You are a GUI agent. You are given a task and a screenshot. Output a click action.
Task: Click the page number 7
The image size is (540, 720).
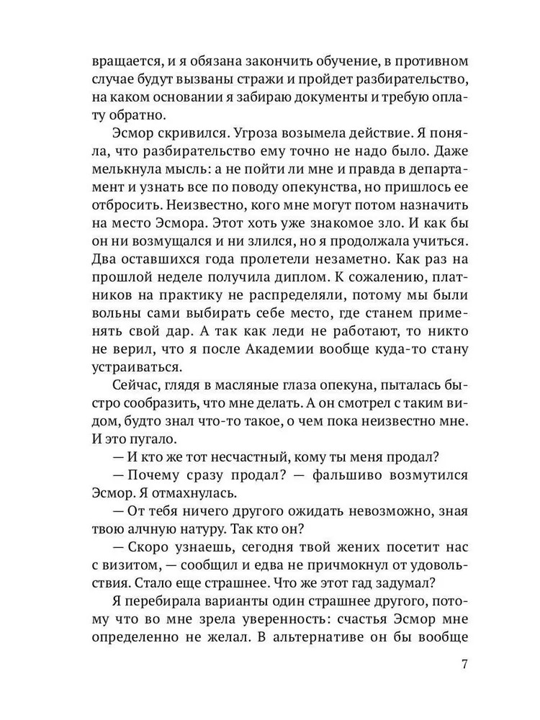(465, 665)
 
